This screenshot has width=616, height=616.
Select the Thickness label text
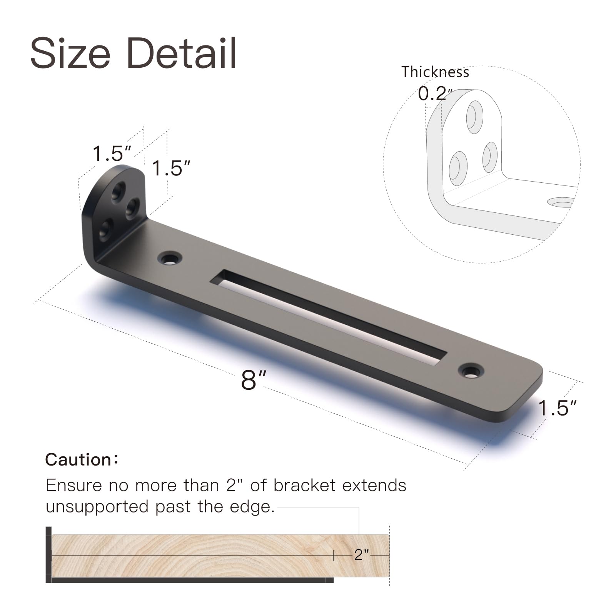[435, 72]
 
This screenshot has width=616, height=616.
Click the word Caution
[79, 460]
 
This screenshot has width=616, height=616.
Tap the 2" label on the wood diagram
[361, 555]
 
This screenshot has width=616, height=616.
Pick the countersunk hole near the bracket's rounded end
[471, 371]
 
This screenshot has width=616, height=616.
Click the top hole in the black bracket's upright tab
[118, 190]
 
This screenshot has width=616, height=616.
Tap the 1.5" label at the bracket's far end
[557, 408]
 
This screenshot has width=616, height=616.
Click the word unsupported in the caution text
[98, 507]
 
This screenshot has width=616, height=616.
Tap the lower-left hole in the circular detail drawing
[458, 168]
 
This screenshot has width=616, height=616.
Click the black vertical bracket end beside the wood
[48, 554]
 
